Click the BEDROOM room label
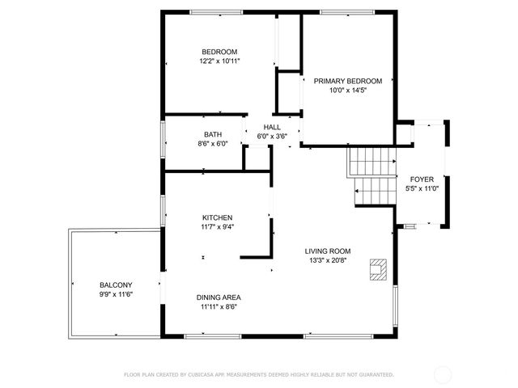point(219,51)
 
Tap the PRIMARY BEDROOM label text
point(349,81)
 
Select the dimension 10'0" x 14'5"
point(349,91)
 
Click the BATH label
point(213,134)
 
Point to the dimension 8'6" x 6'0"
point(213,144)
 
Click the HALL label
point(272,127)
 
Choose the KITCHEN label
point(218,217)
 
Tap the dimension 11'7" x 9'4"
point(218,227)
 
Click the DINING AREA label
point(221,297)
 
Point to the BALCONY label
point(116,285)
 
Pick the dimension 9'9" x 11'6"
point(116,294)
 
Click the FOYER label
point(422,179)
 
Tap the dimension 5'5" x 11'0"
point(422,189)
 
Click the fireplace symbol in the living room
point(378,269)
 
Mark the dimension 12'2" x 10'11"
point(219,61)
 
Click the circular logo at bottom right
point(443,374)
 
